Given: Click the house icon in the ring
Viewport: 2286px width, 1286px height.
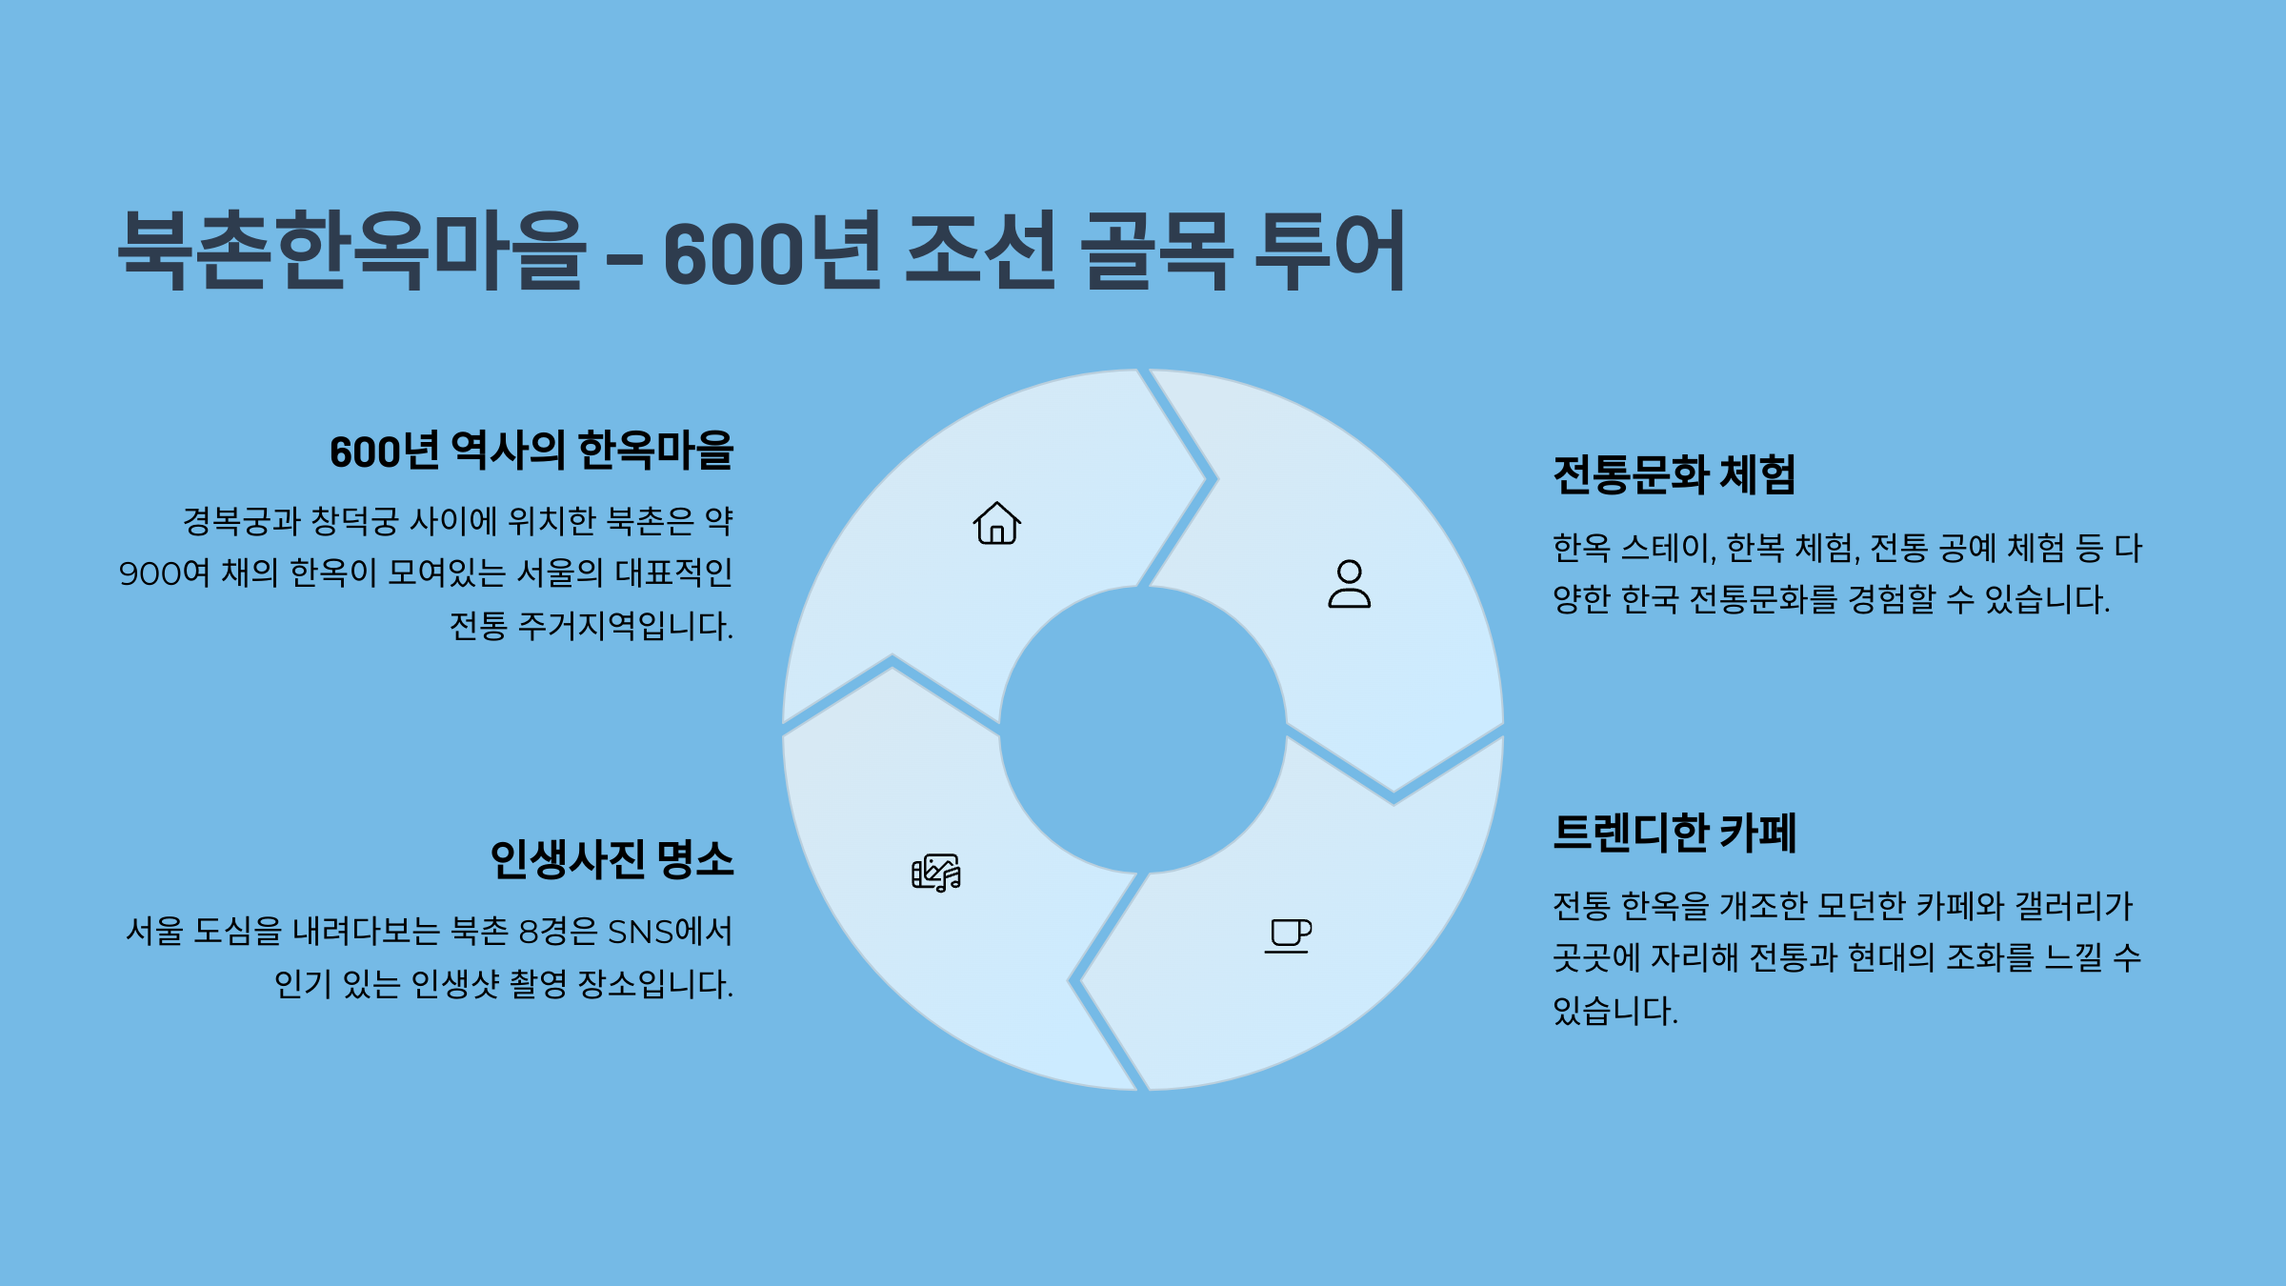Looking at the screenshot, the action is pos(996,523).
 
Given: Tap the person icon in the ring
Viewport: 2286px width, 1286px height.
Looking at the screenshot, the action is pos(1349,584).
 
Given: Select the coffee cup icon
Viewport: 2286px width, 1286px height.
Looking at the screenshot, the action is pos(1288,935).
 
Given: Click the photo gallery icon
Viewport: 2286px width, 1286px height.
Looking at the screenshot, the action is pos(936,873).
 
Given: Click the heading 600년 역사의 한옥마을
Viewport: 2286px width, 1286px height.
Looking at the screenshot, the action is pos(531,451).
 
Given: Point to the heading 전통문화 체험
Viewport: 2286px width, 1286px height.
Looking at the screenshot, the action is pos(1674,474).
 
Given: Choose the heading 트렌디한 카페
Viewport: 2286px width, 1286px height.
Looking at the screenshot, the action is pos(1674,833).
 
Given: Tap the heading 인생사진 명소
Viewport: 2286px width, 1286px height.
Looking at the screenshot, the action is pos(612,859).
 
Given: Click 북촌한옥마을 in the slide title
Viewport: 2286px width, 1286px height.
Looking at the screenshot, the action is pos(351,251).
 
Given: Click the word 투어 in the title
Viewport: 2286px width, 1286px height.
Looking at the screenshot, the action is pos(1330,251).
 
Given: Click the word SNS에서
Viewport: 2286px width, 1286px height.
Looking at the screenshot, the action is pos(671,931).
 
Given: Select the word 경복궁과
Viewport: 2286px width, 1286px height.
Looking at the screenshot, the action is pos(242,521).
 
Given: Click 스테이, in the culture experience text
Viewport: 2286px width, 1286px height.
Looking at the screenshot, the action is pos(1668,548).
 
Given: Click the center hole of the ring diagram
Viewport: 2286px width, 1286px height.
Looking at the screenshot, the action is pos(1143,730).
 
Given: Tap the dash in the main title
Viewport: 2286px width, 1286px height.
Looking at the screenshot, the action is pos(625,257).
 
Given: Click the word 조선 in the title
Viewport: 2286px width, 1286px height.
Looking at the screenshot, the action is pos(980,251).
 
